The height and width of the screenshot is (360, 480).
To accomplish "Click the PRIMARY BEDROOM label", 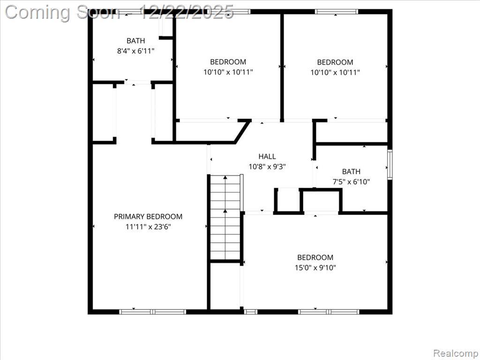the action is click(x=148, y=217).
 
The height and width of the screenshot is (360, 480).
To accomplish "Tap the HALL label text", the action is click(x=267, y=157).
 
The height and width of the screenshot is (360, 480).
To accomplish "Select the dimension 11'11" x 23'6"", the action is click(x=148, y=227).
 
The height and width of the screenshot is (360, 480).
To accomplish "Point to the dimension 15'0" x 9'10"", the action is click(x=315, y=268).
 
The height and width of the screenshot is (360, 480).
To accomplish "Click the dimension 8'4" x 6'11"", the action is click(x=135, y=51).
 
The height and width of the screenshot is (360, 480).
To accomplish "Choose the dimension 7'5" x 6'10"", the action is click(x=351, y=182).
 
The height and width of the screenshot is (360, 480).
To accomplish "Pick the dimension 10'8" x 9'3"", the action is click(x=267, y=167).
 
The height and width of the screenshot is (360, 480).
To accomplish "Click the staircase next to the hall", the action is click(x=225, y=217).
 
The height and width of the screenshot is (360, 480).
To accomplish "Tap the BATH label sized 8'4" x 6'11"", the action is click(x=135, y=41).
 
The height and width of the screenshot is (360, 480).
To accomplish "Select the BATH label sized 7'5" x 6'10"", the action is click(x=351, y=172).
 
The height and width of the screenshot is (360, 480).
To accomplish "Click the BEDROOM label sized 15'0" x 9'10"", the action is click(x=315, y=257).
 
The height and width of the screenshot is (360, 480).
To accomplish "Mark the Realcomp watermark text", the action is click(x=456, y=353).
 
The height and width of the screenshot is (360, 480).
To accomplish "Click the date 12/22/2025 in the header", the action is click(x=187, y=13).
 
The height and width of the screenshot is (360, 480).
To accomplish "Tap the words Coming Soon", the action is click(x=62, y=13).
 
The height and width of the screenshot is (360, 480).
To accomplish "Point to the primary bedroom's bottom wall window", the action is click(x=152, y=312).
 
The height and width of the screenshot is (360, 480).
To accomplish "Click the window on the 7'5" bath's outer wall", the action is click(x=390, y=164).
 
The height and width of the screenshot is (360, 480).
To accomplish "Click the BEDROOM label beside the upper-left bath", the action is click(x=228, y=62).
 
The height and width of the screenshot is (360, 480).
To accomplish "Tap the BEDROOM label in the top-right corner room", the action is click(x=335, y=62).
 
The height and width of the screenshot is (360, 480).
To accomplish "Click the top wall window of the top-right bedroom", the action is click(x=337, y=12).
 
